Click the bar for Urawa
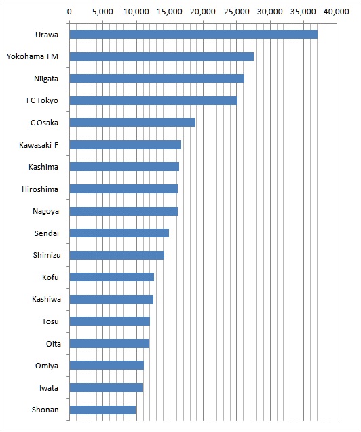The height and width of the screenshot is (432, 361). coord(193,35)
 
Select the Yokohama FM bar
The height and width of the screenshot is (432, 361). coord(161,56)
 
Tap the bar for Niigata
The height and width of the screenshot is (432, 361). coord(157,79)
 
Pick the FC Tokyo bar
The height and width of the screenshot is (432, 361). coord(153,100)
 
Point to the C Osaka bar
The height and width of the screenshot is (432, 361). coord(132,123)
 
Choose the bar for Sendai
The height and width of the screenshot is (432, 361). coord(119,233)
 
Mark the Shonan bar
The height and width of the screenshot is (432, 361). coord(102,410)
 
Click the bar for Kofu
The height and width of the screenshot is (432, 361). coord(111,277)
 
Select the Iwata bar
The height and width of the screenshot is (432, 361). coord(106,388)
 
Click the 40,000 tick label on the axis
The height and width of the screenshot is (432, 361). coord(337,12)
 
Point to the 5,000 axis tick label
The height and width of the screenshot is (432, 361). coord(102,12)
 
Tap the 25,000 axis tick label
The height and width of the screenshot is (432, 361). coord(236,12)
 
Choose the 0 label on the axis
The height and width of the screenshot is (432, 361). coord(69,12)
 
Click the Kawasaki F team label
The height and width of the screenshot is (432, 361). coord(39,145)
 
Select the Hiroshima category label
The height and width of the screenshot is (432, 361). coord(40,189)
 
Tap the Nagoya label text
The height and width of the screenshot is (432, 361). coord(45,212)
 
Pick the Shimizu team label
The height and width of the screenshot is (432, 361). coord(47,255)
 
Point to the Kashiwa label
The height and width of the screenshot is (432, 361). coord(46,299)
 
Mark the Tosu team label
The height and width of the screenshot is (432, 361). coord(50,321)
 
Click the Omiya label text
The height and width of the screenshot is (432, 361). coord(47,366)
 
